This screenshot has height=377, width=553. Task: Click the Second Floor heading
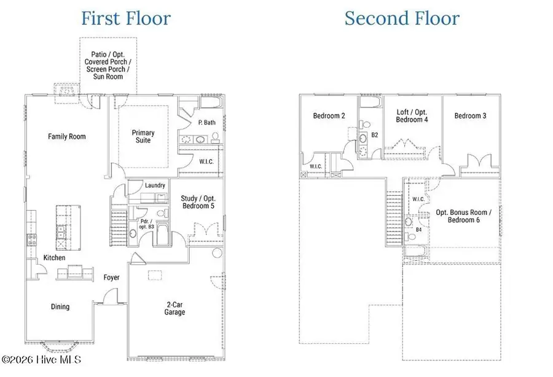click(401, 18)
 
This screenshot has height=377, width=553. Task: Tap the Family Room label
click(67, 136)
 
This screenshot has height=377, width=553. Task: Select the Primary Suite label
click(143, 136)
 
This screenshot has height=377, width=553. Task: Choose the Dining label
click(60, 306)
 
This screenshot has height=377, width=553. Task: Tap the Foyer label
click(111, 278)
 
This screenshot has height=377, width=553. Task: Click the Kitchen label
click(54, 258)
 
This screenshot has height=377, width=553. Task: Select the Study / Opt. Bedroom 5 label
click(198, 202)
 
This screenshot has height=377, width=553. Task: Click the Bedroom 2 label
click(329, 115)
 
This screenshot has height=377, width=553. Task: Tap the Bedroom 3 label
click(471, 115)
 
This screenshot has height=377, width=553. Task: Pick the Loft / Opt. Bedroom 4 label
click(412, 115)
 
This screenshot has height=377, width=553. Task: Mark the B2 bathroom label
click(374, 135)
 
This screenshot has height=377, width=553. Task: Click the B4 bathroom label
click(418, 230)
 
